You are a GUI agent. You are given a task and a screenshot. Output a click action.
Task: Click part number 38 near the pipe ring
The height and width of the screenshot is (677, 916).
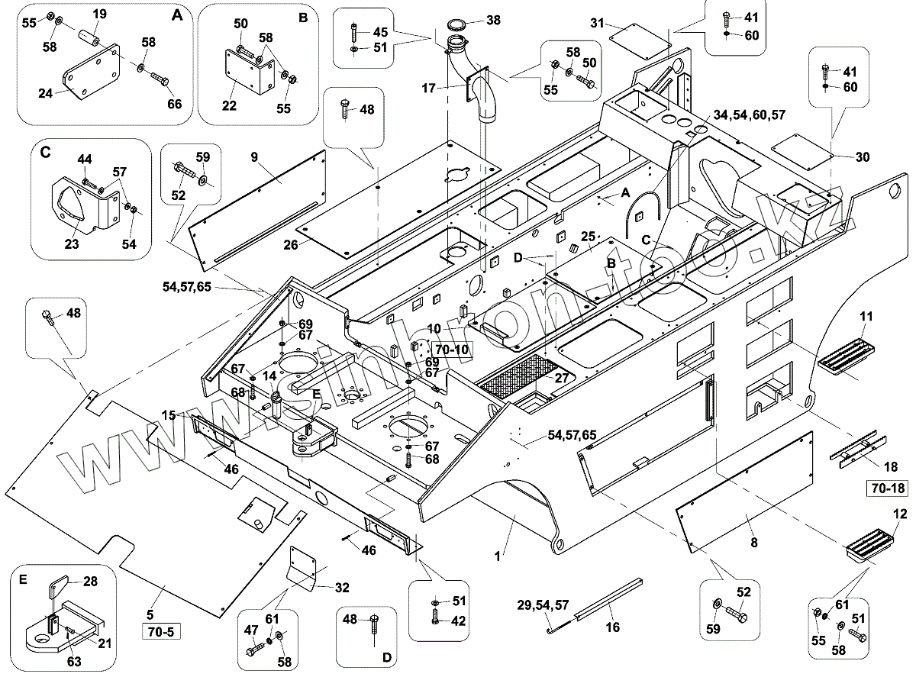tap(493, 21)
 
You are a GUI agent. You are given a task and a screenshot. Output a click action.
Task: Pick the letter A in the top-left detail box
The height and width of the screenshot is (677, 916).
tap(178, 15)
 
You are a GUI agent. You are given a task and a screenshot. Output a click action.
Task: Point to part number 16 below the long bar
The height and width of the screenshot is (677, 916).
tap(612, 627)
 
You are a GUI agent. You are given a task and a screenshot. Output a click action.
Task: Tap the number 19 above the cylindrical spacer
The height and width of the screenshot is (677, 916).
tap(100, 14)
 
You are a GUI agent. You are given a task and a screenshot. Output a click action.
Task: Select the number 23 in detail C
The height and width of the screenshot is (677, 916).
tap(73, 245)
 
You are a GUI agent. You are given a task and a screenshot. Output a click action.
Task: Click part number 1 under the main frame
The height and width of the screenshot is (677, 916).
tap(498, 556)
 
